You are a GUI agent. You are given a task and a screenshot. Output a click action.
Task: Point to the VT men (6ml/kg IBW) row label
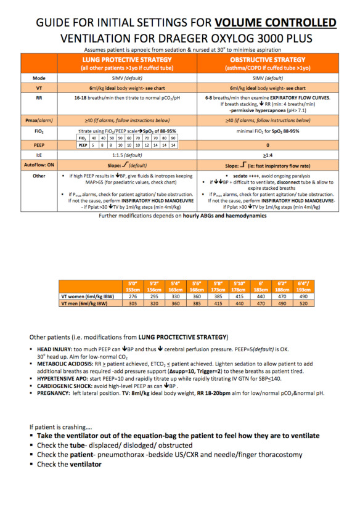click(x=91, y=304)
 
